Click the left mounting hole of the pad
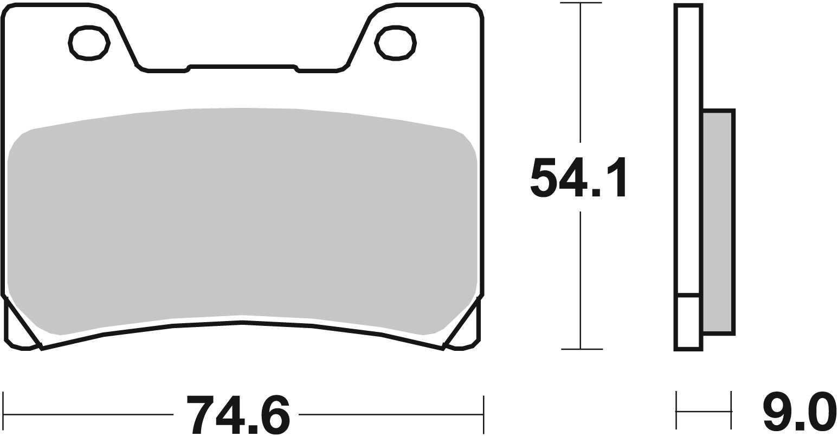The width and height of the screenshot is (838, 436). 89,43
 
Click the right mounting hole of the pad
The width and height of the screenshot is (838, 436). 395,43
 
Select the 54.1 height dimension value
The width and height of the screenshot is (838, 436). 577,177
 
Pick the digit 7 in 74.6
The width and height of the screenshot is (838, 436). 199,414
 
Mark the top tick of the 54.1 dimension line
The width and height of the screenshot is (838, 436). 581,3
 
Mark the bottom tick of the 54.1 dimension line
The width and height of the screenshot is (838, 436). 581,349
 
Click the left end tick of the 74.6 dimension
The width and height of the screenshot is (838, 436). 4,414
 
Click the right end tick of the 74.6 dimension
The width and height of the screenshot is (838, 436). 482,414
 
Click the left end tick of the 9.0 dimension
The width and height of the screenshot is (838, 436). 676,411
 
